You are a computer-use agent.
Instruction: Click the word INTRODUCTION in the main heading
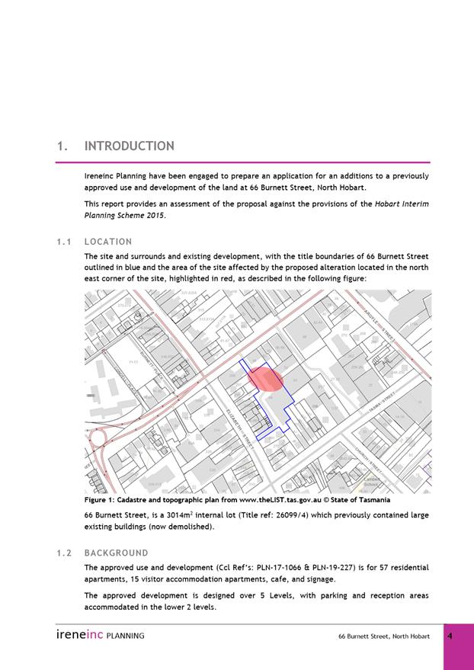point(129,146)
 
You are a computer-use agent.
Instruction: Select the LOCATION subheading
point(108,242)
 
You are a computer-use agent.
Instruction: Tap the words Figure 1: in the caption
point(101,500)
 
